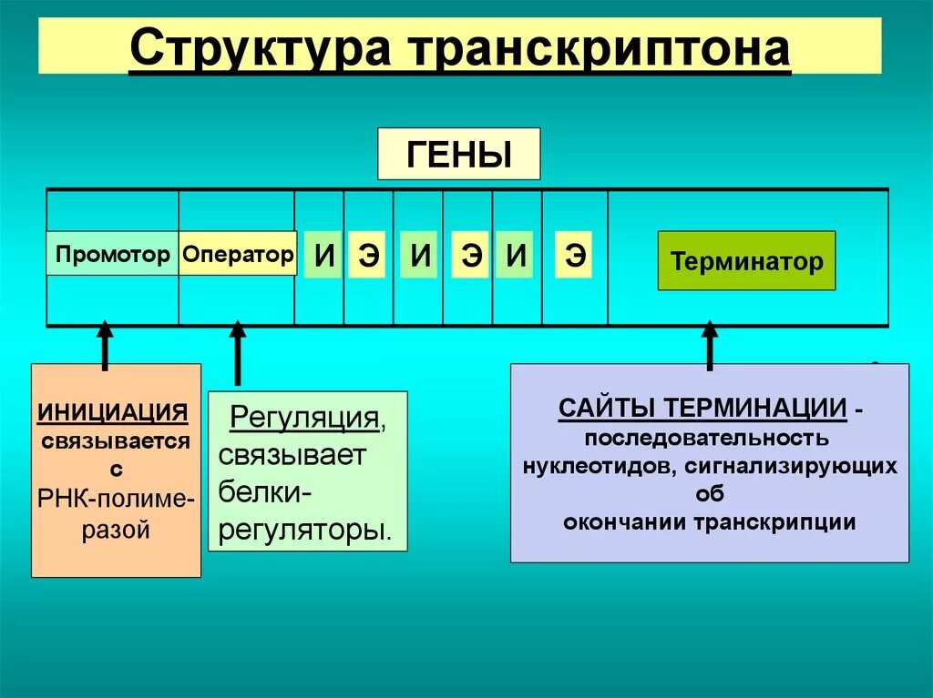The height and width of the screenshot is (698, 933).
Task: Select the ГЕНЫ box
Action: [458, 154]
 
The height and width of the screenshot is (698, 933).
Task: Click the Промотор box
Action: [112, 254]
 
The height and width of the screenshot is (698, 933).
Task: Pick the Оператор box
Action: [237, 254]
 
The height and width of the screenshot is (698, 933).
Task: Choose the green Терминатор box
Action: [746, 262]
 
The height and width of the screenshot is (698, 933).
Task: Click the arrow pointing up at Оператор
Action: [238, 350]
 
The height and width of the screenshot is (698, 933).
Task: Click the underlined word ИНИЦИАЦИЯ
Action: [113, 411]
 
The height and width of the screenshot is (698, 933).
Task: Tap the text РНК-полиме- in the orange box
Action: [116, 499]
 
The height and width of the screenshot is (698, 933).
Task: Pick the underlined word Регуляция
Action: [304, 418]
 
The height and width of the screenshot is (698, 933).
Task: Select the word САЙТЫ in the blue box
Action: [607, 408]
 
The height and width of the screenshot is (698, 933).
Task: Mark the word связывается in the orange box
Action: [116, 441]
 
